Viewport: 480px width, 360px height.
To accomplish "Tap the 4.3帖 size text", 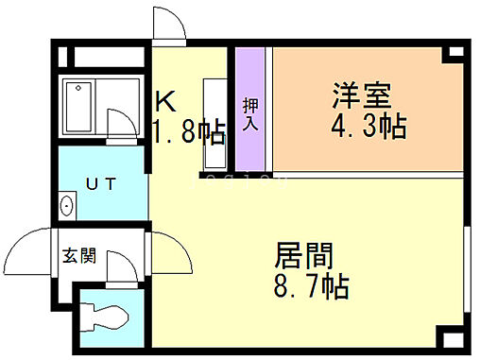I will [x=369, y=127].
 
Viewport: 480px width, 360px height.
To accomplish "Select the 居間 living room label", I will [x=304, y=256].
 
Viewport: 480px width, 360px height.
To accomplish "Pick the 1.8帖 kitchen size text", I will [x=189, y=131].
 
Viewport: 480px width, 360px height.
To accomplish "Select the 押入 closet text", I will [x=250, y=112].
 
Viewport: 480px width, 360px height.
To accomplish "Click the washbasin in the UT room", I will [x=67, y=203].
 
